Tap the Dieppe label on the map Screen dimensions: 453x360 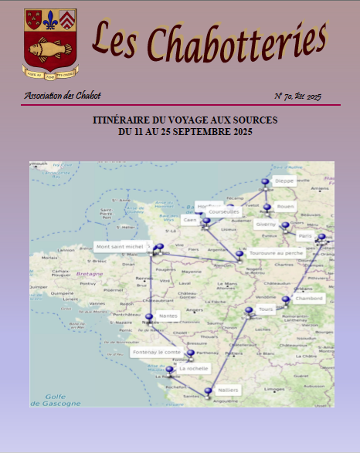[x=284, y=181]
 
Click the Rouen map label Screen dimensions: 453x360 [x=285, y=206]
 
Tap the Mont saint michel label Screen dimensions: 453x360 [x=120, y=247]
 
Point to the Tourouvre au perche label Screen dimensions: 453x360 [x=277, y=252]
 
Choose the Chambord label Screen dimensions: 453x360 [x=308, y=298]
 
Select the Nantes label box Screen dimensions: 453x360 [x=168, y=316]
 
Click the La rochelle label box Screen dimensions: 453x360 [x=193, y=369]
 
